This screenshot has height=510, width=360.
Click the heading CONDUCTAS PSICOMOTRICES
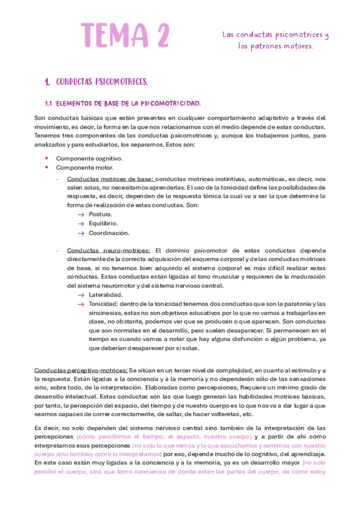(x=102, y=82)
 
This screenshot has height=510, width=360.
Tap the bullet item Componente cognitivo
(x=89, y=158)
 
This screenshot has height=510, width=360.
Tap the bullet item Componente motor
(x=85, y=167)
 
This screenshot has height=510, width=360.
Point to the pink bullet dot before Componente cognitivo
(x=47, y=158)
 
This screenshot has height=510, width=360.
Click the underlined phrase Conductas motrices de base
(x=110, y=179)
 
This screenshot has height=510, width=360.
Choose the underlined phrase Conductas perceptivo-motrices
(x=81, y=370)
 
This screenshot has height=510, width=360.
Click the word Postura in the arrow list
(x=100, y=214)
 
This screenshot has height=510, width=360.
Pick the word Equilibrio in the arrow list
(x=103, y=223)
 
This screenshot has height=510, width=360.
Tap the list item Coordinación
(x=108, y=233)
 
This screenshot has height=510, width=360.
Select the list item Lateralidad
(x=105, y=295)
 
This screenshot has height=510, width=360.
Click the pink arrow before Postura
(x=81, y=214)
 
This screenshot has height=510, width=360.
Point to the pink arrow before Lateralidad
(x=81, y=295)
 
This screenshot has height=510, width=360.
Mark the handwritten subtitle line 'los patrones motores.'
(x=275, y=46)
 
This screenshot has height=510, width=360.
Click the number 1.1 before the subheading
(x=50, y=103)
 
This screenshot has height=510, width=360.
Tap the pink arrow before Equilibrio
(x=81, y=223)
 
